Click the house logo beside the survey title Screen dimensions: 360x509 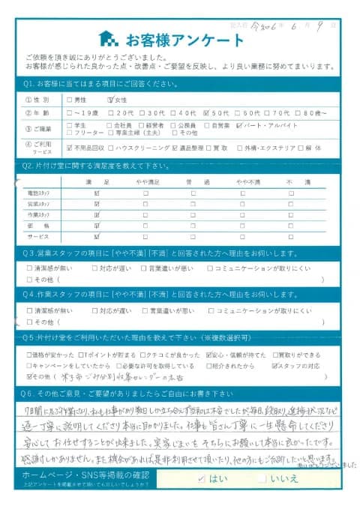coord(108,37)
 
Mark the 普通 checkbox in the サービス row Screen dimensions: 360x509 coord(193,235)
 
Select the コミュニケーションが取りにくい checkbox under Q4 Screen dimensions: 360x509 coord(212,310)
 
